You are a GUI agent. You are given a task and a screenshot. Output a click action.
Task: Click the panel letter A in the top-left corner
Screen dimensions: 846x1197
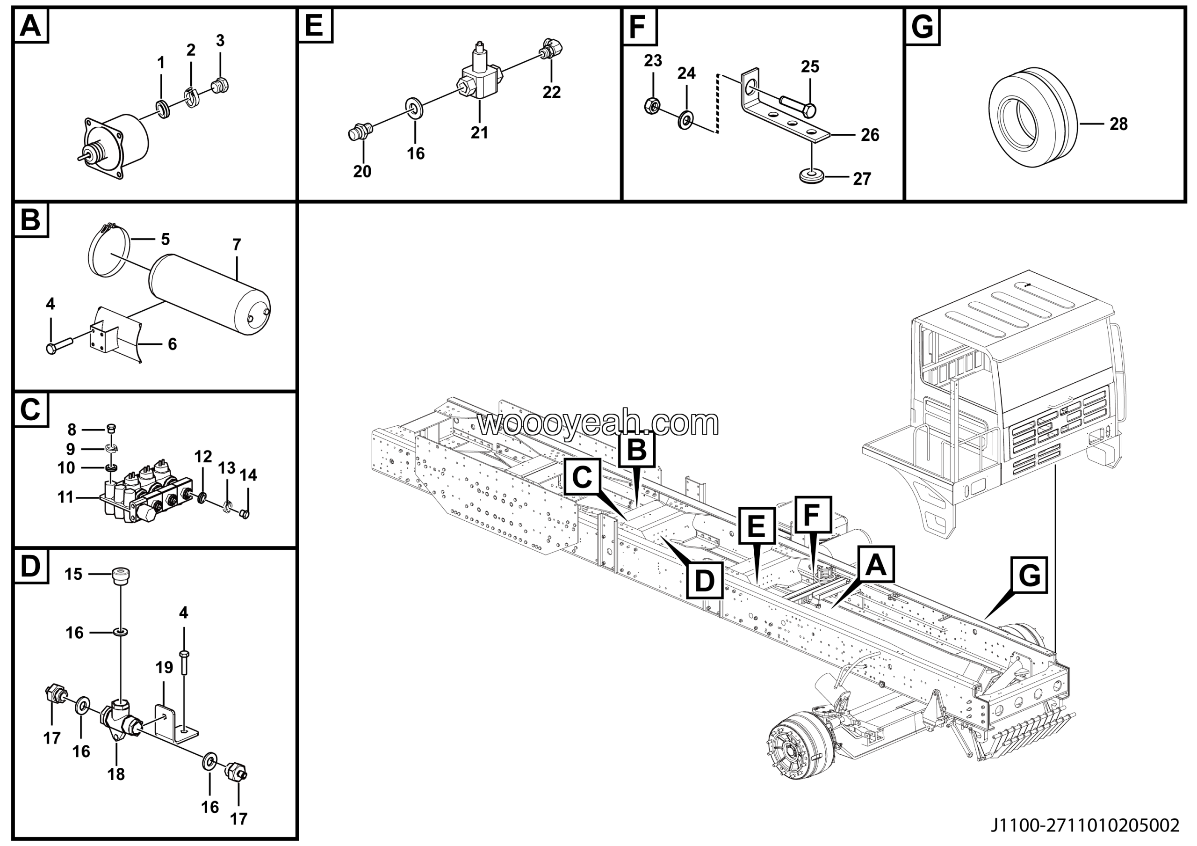click(30, 26)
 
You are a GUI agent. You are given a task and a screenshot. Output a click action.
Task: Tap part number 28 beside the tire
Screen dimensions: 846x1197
click(1118, 124)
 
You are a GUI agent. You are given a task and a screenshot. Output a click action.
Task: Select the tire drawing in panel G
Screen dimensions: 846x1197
click(1032, 117)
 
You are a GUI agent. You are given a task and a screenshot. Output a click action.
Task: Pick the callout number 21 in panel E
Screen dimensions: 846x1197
click(479, 133)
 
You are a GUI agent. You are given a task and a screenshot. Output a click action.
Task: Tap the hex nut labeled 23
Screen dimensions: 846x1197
click(651, 105)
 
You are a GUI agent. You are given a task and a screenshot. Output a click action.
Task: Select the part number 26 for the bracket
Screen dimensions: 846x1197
click(870, 135)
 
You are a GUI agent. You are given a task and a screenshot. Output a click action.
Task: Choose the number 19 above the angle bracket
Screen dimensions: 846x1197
click(164, 668)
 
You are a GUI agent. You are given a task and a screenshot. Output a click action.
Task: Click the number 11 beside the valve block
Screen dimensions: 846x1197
click(65, 497)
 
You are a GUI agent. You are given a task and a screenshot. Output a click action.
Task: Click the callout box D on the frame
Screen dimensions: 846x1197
click(704, 581)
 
